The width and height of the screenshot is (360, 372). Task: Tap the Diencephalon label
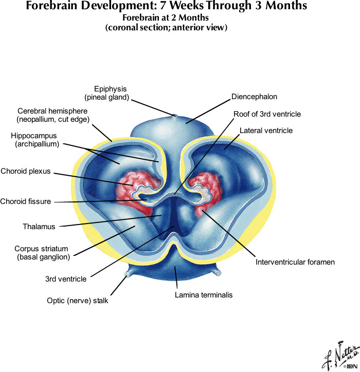click(x=255, y=96)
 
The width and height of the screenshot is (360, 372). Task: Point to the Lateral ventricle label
click(x=266, y=131)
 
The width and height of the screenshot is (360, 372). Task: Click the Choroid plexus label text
click(x=26, y=171)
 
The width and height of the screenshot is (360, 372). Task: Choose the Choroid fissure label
click(x=26, y=201)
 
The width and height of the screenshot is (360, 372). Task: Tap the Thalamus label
click(x=39, y=226)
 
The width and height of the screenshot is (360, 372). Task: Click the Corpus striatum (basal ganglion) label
click(x=41, y=252)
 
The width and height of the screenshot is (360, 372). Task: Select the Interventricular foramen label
click(x=295, y=262)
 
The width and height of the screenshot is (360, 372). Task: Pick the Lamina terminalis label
click(x=204, y=295)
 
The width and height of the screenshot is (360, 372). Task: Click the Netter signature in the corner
click(x=338, y=354)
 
